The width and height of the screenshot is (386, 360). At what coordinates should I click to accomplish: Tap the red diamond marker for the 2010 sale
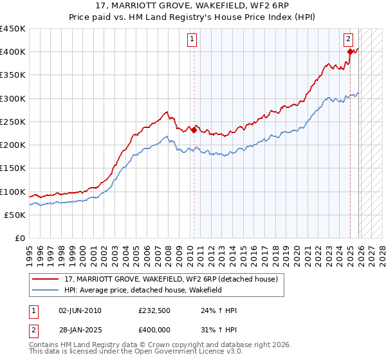pyautogui.click(x=194, y=130)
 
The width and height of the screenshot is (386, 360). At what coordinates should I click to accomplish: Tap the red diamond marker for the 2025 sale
pyautogui.click(x=350, y=52)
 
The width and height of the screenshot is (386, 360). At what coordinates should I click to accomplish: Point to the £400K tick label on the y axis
pyautogui.click(x=12, y=52)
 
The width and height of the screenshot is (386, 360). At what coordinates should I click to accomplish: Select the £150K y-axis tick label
pyautogui.click(x=12, y=168)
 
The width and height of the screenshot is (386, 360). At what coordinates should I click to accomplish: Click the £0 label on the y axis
pyautogui.click(x=20, y=239)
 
